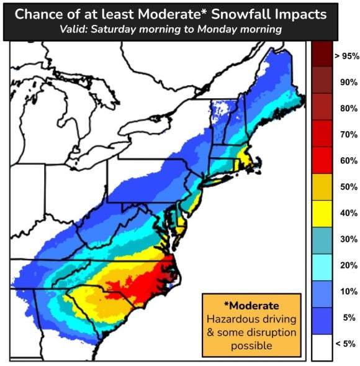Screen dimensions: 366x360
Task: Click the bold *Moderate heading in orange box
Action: click(251, 306)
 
